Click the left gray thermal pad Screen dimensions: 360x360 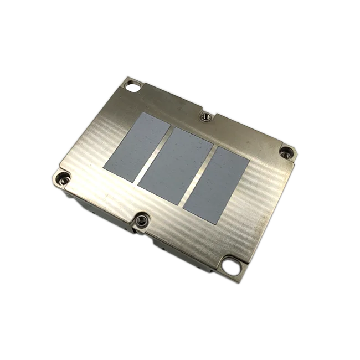(136, 146)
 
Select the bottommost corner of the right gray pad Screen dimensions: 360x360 (213, 224)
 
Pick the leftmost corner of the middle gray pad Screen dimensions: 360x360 (138, 185)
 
